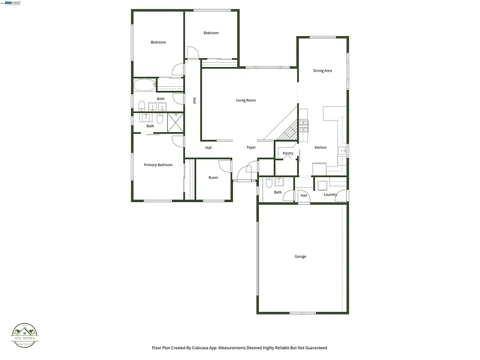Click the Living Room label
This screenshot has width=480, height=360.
pyautogui.click(x=246, y=100)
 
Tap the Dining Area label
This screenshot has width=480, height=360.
pyautogui.click(x=322, y=71)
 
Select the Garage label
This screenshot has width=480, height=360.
pyautogui.click(x=300, y=256)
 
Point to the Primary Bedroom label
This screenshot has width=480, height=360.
pyautogui.click(x=158, y=165)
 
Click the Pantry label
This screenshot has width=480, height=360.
pyautogui.click(x=288, y=153)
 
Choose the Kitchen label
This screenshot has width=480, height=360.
pyautogui.click(x=321, y=148)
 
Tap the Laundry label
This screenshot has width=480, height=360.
pyautogui.click(x=330, y=195)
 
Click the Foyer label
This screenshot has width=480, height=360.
pyautogui.click(x=252, y=148)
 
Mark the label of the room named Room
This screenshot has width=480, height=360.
pyautogui.click(x=213, y=178)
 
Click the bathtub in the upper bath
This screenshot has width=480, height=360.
pyautogui.click(x=144, y=85)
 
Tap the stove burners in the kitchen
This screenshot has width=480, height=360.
pyautogui.click(x=304, y=125)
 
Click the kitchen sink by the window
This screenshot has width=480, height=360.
pyautogui.click(x=343, y=150)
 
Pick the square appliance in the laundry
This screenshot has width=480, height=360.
pyautogui.click(x=322, y=184)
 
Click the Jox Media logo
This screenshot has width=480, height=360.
pyautogui.click(x=25, y=336)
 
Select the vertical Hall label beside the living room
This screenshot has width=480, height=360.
pyautogui.click(x=194, y=100)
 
